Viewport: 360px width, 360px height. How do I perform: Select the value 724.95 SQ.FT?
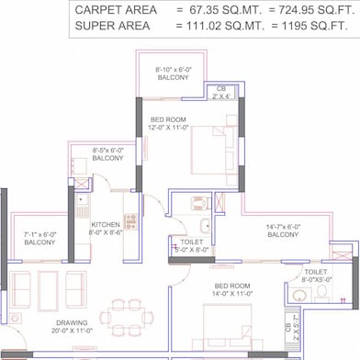pyautogui.click(x=312, y=9)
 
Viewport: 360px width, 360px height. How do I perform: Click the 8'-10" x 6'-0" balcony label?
pyautogui.click(x=174, y=73)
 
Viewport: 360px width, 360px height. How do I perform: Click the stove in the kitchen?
pyautogui.click(x=130, y=220)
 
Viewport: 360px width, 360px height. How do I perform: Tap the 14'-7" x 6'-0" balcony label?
pyautogui.click(x=283, y=231)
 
